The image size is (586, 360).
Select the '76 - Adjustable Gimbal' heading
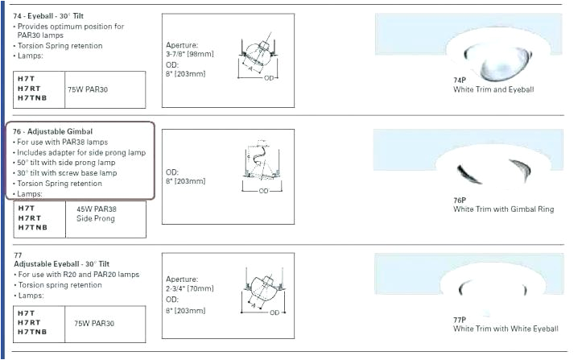pos(53,131)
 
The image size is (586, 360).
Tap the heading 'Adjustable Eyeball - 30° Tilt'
pos(61,264)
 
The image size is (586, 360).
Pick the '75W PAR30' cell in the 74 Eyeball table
pos(93,90)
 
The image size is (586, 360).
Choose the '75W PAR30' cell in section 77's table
pos(93,323)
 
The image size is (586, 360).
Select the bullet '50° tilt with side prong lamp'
pos(69,163)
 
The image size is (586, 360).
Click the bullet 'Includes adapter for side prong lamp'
pos(80,152)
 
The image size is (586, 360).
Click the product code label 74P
pos(460,81)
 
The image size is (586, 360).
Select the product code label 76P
pos(460,200)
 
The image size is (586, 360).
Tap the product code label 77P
pos(460,319)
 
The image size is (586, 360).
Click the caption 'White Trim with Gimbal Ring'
pos(503,209)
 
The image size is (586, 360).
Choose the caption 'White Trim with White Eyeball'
pos(505,329)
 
